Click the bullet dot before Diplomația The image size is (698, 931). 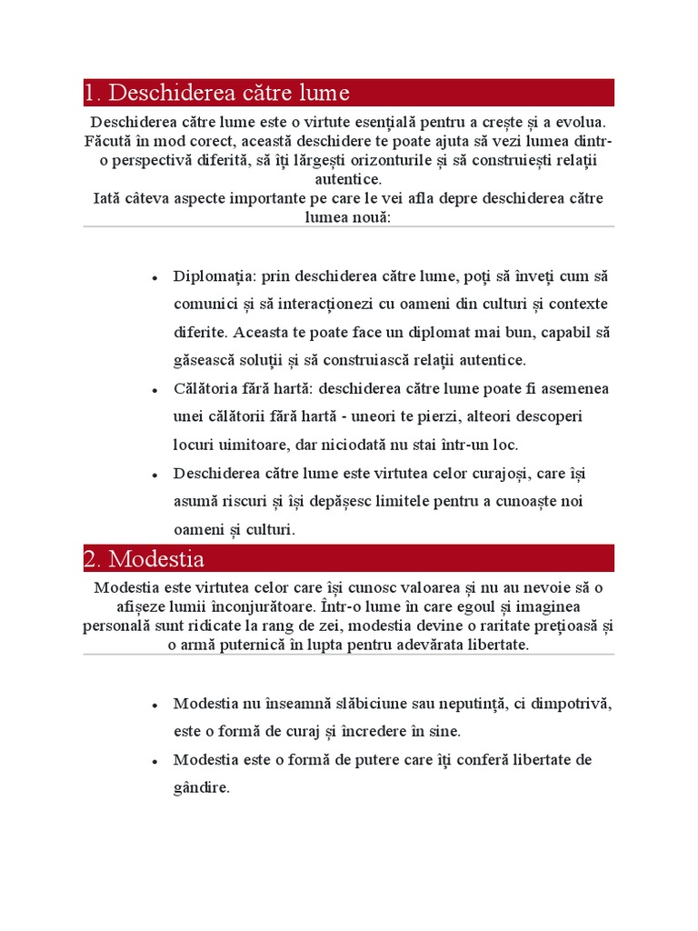(x=155, y=277)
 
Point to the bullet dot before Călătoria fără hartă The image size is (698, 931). (x=155, y=389)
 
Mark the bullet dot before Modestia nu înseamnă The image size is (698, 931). (x=155, y=705)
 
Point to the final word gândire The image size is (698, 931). (x=202, y=787)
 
